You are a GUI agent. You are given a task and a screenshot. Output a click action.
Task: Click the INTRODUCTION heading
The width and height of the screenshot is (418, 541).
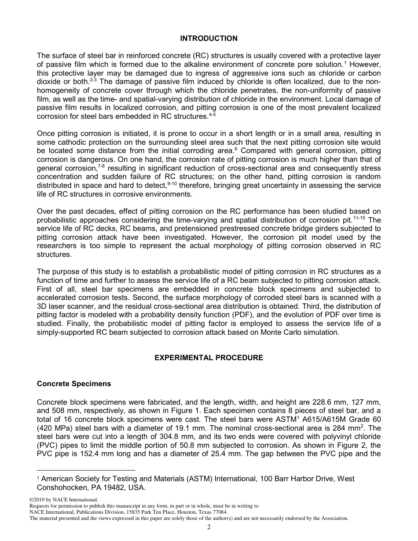(209, 39)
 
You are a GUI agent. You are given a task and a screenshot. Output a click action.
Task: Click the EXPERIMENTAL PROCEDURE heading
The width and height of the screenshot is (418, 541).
(209, 358)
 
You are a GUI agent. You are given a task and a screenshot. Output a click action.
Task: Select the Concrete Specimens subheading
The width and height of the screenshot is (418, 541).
(74, 384)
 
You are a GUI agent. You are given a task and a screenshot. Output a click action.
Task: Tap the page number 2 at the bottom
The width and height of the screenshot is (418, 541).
(209, 527)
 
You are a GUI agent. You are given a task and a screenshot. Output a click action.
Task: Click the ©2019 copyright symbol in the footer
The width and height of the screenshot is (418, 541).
(31, 500)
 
